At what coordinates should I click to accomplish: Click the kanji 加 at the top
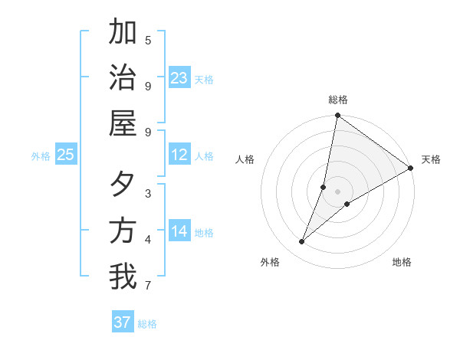click(x=123, y=33)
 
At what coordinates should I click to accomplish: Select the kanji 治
click(x=123, y=78)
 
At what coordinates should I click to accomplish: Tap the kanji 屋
click(x=123, y=123)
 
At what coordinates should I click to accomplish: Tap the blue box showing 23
click(x=179, y=78)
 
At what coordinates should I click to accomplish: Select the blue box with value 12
click(x=179, y=155)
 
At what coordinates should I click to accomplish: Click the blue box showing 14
click(x=179, y=231)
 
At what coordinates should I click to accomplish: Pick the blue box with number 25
click(x=65, y=155)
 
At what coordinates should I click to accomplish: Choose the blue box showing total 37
click(x=123, y=322)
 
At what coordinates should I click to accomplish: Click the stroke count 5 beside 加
click(x=148, y=41)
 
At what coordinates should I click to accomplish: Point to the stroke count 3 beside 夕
click(x=148, y=194)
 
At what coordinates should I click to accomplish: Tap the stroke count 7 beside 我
click(x=148, y=286)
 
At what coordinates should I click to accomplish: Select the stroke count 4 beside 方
click(x=148, y=240)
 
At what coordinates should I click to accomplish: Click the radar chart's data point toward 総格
click(x=337, y=116)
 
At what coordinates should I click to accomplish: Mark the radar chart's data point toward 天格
click(x=411, y=169)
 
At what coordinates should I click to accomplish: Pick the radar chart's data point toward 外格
click(x=302, y=242)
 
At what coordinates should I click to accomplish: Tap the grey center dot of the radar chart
click(x=338, y=191)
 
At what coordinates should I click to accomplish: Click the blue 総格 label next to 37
click(x=147, y=324)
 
